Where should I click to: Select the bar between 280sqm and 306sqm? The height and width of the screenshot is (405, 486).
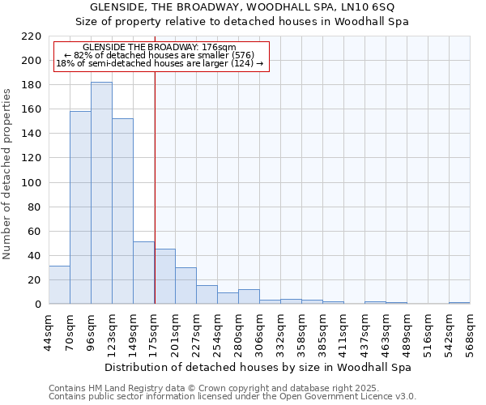249,296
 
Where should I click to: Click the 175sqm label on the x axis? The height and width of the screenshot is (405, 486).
154,330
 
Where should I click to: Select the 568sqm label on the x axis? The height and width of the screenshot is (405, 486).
470,330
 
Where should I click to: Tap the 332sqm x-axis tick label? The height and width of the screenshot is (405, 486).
280,330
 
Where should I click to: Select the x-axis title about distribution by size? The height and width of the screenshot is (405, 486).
258,367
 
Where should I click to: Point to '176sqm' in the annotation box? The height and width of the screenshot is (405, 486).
220,48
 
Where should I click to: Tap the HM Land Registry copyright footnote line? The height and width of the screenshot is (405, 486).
191,388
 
